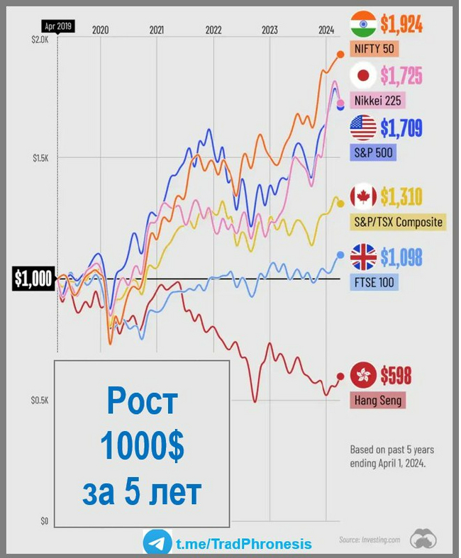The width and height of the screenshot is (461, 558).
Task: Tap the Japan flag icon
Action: coord(364,74)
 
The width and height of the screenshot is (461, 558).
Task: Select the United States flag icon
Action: coord(364,128)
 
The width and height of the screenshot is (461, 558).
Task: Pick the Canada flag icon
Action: coord(364,196)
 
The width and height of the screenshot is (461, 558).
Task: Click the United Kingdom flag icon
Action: coord(364,256)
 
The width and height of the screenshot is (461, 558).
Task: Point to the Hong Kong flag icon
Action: coord(364,374)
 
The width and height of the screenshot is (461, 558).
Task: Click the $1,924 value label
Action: coord(401,25)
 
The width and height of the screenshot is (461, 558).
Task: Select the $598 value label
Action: coord(396,375)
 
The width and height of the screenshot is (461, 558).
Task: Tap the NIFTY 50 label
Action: coord(373,50)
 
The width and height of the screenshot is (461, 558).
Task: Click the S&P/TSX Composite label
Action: coord(398,222)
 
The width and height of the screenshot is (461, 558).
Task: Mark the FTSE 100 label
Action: coord(374,282)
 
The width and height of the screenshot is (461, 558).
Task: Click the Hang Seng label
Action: coord(377,401)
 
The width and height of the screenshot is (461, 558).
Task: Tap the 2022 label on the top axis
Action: coord(213,30)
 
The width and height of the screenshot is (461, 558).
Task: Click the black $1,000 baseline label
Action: coord(33,279)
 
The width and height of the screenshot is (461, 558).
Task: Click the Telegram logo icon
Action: coord(157,543)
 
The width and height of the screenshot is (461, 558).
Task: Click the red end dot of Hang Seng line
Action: coord(340,377)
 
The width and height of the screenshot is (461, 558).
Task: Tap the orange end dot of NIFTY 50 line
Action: coord(340,54)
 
